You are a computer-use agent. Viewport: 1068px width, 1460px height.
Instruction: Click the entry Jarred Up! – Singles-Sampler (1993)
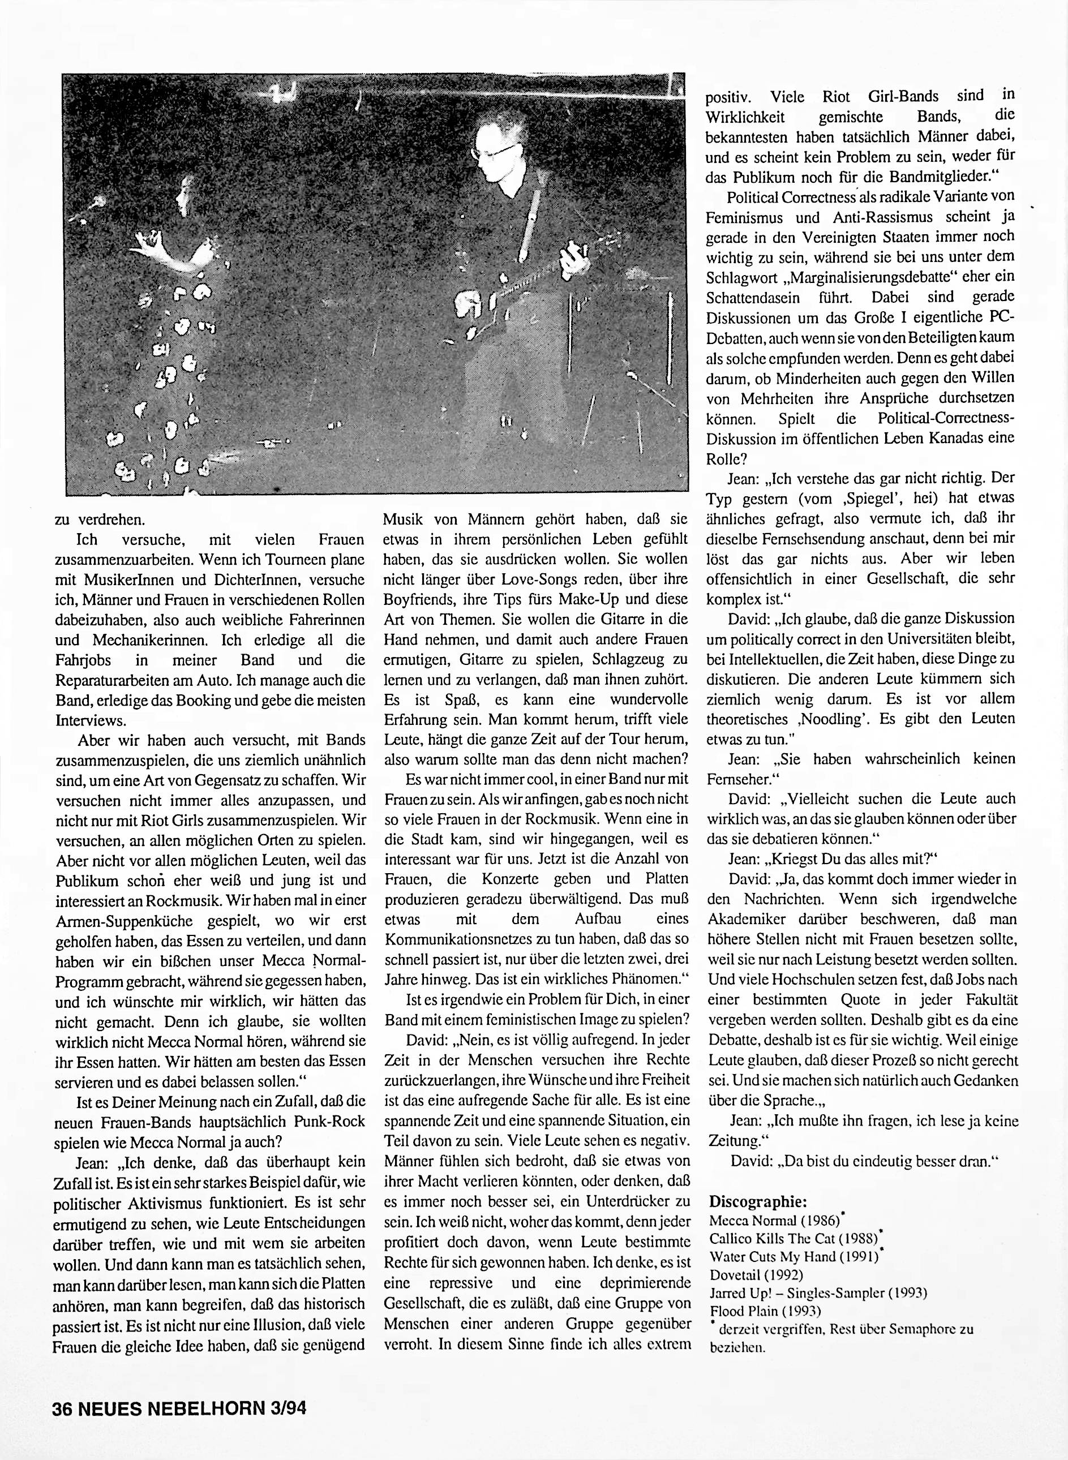tap(818, 1292)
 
